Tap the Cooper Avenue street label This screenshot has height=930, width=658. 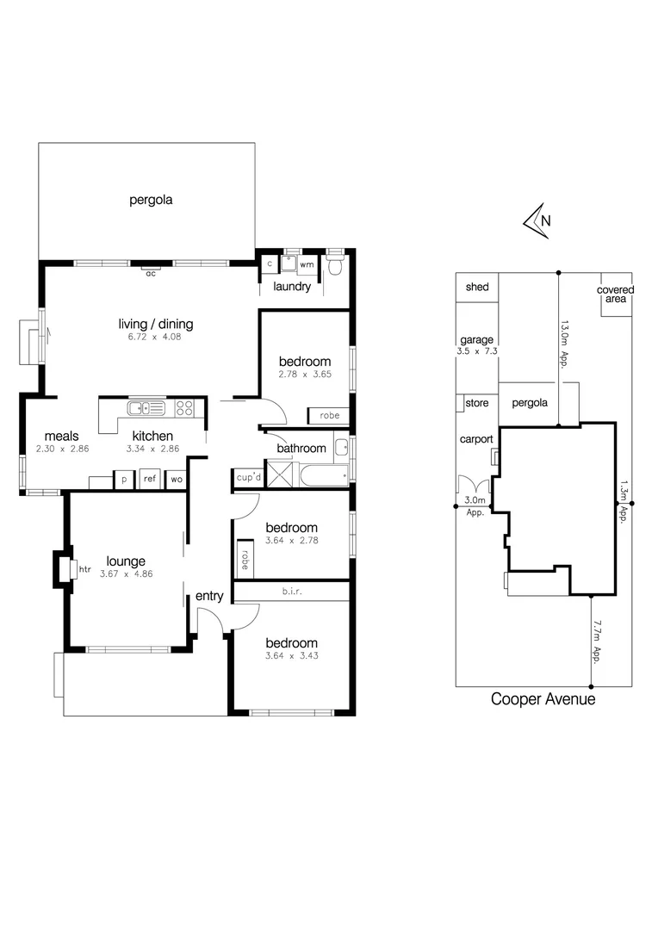(543, 699)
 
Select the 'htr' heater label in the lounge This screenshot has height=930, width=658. (84, 569)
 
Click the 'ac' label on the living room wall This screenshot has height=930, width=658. (150, 273)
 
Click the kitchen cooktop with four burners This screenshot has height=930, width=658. (184, 407)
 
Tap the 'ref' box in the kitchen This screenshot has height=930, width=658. (150, 479)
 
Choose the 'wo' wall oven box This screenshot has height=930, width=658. (175, 479)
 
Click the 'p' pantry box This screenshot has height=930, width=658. (124, 479)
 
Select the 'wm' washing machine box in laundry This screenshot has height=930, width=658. (307, 264)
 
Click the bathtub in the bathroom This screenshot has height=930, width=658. (322, 474)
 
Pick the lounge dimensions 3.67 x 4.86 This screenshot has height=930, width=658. (126, 574)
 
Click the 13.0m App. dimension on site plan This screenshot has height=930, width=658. (564, 344)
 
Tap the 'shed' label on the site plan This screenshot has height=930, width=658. (476, 288)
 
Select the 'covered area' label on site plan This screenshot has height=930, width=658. (615, 295)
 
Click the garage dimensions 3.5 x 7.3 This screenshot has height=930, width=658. (476, 351)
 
